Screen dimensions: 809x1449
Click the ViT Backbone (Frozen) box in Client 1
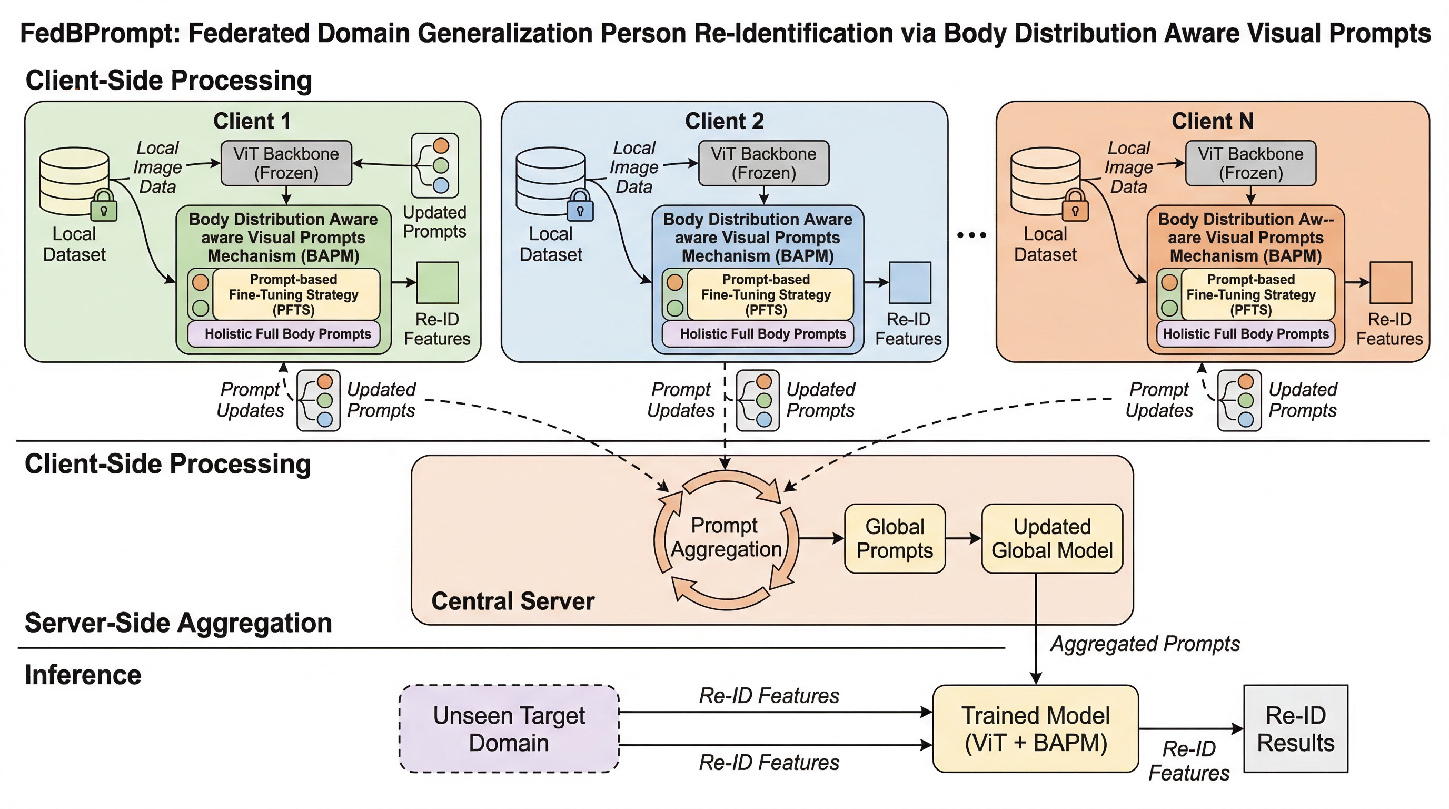tap(286, 163)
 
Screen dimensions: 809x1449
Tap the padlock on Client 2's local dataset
tap(580, 206)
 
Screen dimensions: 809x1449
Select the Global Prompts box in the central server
tap(895, 538)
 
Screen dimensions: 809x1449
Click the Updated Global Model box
tap(1052, 538)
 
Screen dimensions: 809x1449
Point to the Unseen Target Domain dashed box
tap(509, 728)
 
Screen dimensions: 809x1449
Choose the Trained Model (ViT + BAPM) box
tap(1036, 728)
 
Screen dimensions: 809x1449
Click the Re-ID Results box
tap(1295, 728)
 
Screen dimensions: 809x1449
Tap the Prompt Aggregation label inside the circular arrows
tap(726, 537)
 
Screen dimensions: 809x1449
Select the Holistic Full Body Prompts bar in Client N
tap(1245, 333)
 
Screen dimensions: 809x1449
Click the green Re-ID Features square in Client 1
tap(438, 282)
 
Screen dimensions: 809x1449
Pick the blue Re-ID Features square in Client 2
tap(909, 282)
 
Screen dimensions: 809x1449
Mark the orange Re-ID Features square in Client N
tap(1391, 282)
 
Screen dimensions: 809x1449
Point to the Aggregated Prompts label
tap(1145, 644)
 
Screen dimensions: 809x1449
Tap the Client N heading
tap(1212, 121)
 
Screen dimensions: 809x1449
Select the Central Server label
tap(512, 601)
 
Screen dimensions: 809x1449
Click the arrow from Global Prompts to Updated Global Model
tap(963, 538)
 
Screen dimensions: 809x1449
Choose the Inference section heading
tap(83, 675)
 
